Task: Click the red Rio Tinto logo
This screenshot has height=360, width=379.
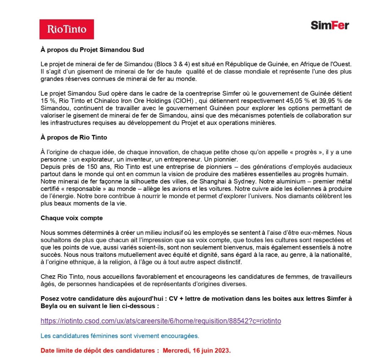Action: (x=67, y=29)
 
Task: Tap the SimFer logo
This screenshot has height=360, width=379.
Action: (x=330, y=25)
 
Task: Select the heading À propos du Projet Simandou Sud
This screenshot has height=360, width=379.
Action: (x=92, y=50)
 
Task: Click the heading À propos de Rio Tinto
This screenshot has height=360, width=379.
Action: (x=74, y=138)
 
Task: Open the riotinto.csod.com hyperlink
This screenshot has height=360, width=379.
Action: (x=161, y=321)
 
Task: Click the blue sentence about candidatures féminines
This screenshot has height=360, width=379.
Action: (x=120, y=336)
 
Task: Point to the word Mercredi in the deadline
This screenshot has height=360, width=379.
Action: (x=175, y=350)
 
